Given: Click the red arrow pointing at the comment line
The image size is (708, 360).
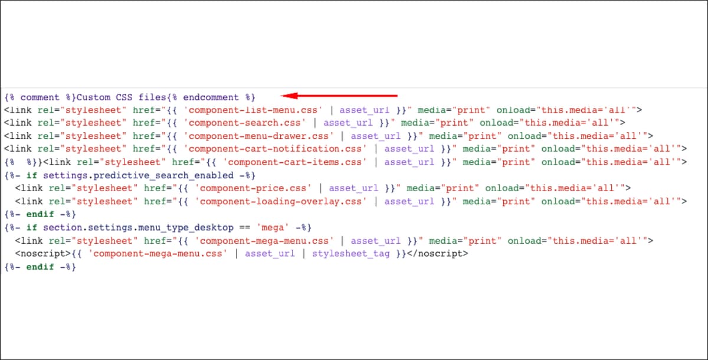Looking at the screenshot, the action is coord(339,96).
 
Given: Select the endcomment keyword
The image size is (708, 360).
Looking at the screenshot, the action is coord(211,97).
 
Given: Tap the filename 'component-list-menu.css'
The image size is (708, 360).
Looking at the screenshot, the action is coord(253,110).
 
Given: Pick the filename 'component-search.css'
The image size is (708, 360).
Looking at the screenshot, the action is coord(245,123).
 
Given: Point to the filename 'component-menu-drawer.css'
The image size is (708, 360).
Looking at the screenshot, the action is coord(258,136).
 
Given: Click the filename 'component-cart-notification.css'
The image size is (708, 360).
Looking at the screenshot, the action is coord(276,149).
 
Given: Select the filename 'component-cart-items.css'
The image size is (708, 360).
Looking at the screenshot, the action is coord(295,162).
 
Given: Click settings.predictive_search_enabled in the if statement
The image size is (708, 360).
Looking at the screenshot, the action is coord(138,175).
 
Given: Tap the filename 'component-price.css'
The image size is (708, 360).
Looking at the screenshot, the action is coord(253,188).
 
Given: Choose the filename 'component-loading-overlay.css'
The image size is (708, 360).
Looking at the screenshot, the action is coord(281,202).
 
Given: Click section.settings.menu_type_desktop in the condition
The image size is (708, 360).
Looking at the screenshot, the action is coord(138,228).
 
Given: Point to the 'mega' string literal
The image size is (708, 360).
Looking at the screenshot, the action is coord(273,228).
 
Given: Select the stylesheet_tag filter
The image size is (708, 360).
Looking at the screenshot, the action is coord(351,254).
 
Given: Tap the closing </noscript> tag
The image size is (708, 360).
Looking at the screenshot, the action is coord(437,254).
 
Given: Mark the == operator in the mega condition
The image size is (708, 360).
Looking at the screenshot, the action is coord(245,228).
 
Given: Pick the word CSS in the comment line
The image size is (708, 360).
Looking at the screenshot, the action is coord(124,97).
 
